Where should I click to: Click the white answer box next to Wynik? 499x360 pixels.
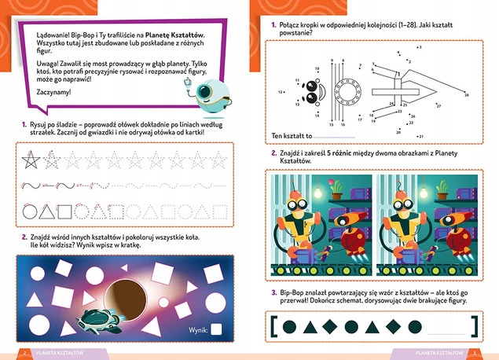pos(216,330)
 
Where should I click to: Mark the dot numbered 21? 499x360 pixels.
pos(418,136)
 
